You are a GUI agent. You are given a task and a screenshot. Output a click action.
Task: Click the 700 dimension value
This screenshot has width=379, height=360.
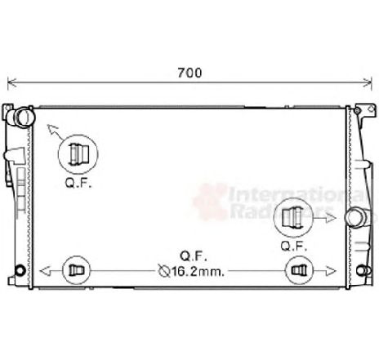pos(189,73)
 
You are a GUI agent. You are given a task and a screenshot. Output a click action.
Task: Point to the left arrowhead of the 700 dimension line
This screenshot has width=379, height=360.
pos(10,82)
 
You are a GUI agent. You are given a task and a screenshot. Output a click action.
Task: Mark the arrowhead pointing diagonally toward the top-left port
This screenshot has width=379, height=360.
pos(49,126)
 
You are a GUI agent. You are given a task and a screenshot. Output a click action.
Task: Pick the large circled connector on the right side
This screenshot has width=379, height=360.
pos(293,217)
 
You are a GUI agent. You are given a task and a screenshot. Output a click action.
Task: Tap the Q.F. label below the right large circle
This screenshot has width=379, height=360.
pos(293,246)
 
